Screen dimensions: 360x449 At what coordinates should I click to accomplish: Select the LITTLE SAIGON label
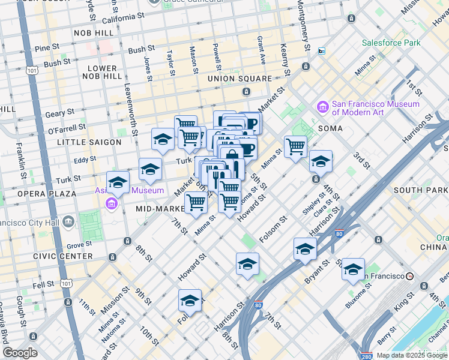[x=89, y=142]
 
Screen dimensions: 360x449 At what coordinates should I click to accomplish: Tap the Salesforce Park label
[x=391, y=43]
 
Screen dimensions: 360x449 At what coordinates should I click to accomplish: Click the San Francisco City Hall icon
[x=68, y=223]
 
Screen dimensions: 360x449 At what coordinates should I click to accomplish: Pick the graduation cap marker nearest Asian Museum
[x=118, y=182]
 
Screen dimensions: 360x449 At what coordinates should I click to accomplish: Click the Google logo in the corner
[x=20, y=353]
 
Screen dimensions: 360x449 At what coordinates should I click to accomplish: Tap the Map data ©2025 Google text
[x=412, y=355]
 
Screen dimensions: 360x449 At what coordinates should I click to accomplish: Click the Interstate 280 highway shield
[x=367, y=355]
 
